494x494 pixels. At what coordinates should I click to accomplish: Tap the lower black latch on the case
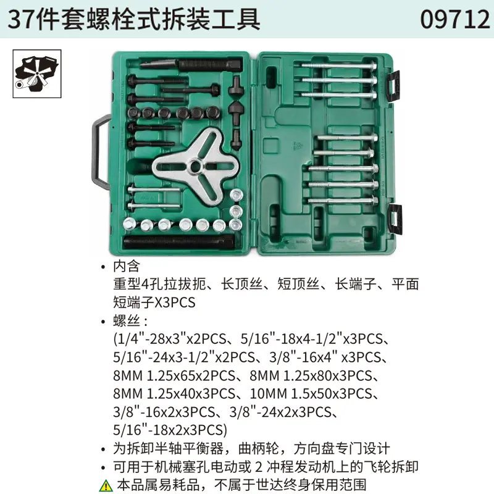click(393, 214)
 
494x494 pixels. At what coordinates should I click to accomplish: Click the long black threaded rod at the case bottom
click(179, 240)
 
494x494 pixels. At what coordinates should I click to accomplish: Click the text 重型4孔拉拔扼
click(158, 285)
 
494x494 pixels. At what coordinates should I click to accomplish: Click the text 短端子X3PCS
click(154, 303)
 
